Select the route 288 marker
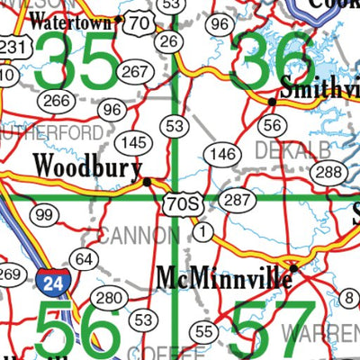click(x=330, y=172)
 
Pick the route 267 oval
click(x=136, y=71)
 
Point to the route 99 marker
click(x=42, y=214)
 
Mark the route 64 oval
click(x=84, y=260)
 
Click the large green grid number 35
click(x=78, y=61)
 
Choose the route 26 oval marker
click(x=166, y=40)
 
